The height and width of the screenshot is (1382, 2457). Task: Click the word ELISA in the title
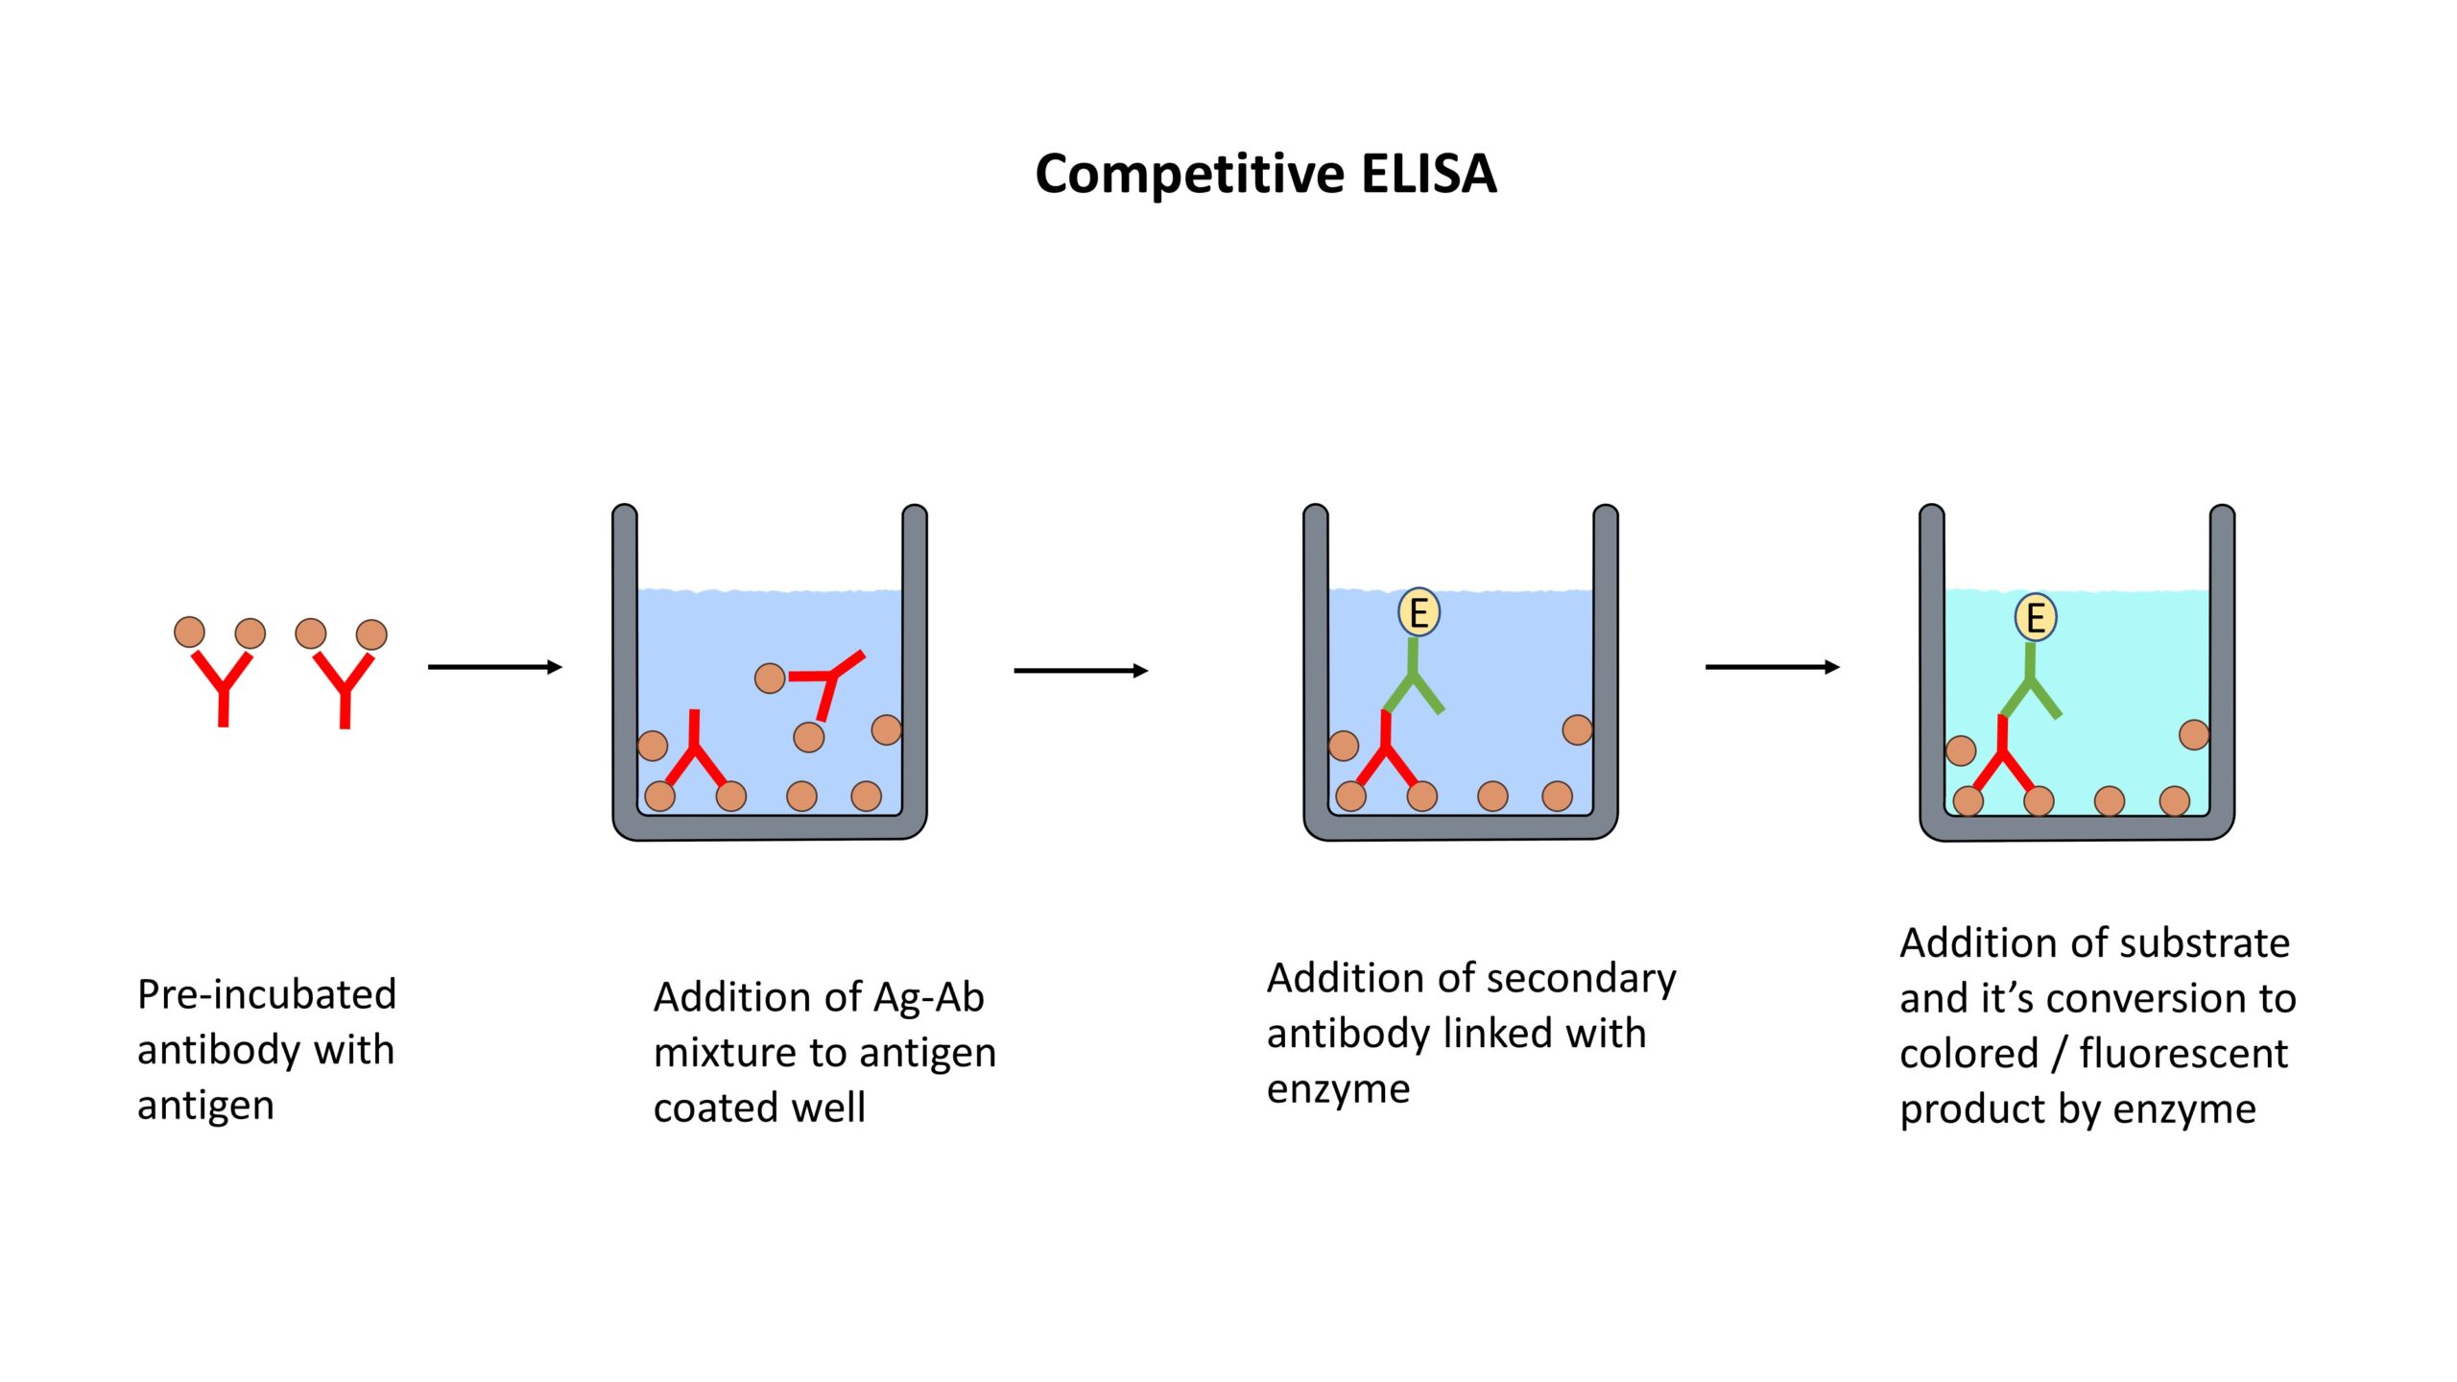click(x=1428, y=175)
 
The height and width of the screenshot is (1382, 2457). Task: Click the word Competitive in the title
click(x=1190, y=175)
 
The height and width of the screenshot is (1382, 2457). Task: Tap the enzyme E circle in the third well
click(x=1419, y=612)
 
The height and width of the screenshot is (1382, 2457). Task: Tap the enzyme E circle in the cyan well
click(x=2035, y=617)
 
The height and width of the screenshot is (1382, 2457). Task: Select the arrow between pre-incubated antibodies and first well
click(x=494, y=667)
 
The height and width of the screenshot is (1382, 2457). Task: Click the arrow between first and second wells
click(x=1081, y=671)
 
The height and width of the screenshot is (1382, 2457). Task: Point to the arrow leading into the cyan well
click(x=1772, y=667)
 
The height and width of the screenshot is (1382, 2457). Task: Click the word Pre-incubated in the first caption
click(x=267, y=995)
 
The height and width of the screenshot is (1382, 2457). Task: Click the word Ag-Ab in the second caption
click(x=929, y=998)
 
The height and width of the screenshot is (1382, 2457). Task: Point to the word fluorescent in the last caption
click(x=2183, y=1054)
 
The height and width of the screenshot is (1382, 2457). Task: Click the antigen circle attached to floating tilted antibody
click(x=770, y=679)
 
